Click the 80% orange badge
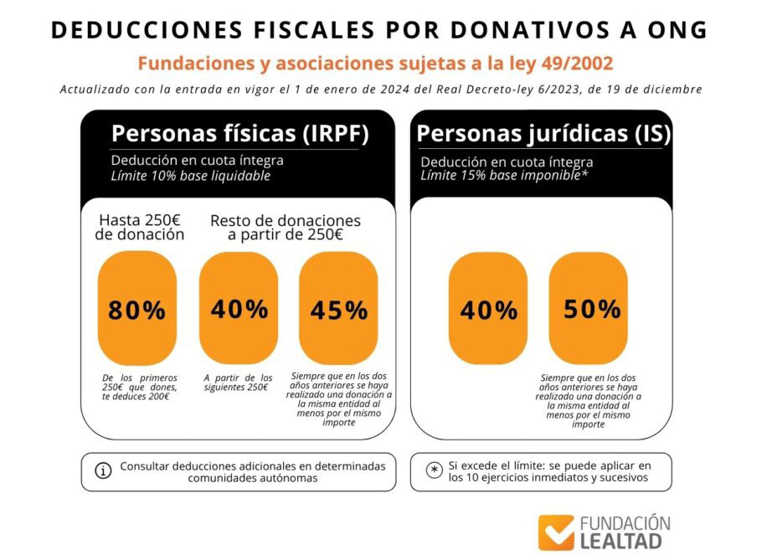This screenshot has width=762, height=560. tap(136, 309)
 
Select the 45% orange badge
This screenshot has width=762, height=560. tap(338, 309)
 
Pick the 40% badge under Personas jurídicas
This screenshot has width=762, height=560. tap(488, 309)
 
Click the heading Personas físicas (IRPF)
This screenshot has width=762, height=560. tap(239, 134)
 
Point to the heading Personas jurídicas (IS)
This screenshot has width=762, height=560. tap(543, 134)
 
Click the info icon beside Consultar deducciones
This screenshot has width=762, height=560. tap(104, 471)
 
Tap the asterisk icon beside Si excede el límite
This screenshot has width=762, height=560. tap(434, 470)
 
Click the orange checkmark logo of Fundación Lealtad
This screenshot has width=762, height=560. tap(556, 532)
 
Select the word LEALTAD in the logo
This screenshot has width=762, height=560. tap(620, 542)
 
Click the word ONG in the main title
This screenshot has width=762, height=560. tap(672, 29)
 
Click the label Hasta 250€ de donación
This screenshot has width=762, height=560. tap(140, 228)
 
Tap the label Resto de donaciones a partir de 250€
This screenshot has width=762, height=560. tap(285, 228)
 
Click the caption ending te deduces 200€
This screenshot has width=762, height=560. tap(140, 387)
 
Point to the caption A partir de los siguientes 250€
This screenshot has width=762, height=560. tap(239, 383)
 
